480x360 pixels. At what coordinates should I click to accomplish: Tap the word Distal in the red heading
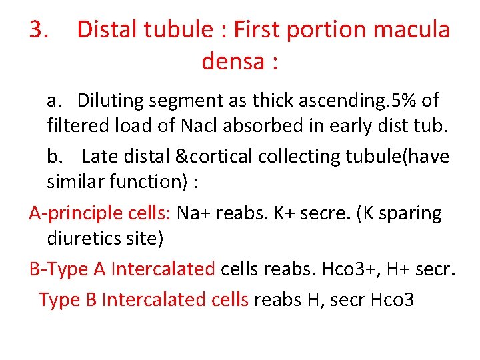pos(106,30)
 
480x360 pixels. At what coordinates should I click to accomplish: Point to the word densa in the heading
pos(229,61)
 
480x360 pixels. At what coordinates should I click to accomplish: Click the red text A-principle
pos(67,213)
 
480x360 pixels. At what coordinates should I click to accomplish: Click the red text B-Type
pos(60,269)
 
